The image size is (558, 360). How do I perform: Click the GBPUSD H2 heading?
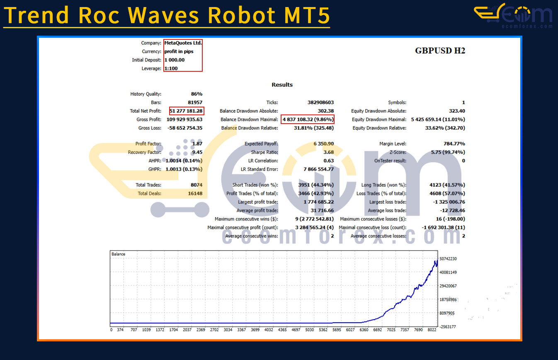click(440, 51)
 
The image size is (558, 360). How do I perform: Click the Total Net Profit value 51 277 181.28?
click(186, 111)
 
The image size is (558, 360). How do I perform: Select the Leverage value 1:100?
click(171, 68)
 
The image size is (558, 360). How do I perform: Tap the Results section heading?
click(282, 85)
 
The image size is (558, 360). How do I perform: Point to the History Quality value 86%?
click(197, 94)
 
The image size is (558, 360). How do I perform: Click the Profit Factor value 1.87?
click(197, 144)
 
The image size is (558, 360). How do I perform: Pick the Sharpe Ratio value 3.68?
click(329, 152)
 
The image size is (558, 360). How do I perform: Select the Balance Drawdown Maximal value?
click(308, 119)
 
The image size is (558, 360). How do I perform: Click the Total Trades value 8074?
click(197, 185)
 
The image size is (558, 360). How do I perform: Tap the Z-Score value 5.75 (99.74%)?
click(448, 152)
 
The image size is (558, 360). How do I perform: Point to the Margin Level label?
click(393, 144)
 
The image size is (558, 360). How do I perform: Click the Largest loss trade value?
click(449, 202)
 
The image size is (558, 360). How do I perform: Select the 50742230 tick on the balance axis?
click(448, 259)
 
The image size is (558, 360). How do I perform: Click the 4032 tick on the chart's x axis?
click(269, 330)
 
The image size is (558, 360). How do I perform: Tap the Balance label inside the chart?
click(118, 254)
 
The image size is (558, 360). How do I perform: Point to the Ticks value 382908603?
click(320, 102)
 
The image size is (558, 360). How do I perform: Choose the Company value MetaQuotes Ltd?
click(183, 43)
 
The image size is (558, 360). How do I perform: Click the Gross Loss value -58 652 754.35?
click(184, 128)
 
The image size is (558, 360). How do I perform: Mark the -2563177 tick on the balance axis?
click(448, 327)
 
